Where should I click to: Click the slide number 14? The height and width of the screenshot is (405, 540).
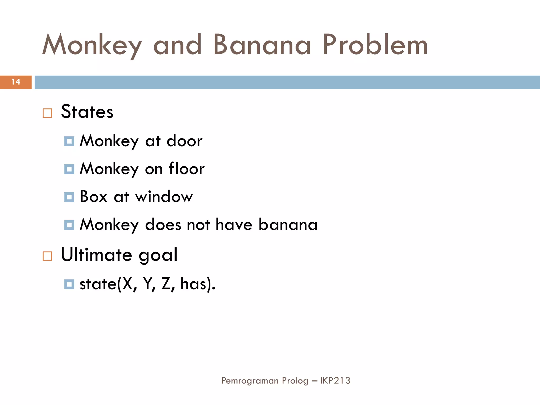[16, 82]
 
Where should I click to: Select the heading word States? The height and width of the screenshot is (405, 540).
[87, 112]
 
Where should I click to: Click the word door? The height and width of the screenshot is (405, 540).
[184, 141]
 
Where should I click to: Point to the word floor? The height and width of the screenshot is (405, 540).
[186, 169]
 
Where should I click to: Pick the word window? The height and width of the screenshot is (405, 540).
[164, 197]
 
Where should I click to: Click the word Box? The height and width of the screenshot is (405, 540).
[94, 197]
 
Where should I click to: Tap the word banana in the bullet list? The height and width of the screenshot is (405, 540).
[288, 225]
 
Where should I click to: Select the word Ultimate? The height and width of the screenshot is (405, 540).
[97, 255]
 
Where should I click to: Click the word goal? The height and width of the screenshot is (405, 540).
[158, 255]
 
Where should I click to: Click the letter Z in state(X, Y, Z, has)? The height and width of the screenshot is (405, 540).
[166, 284]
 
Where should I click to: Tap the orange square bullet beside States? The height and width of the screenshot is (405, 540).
[47, 113]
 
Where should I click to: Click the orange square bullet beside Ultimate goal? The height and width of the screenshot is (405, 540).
[47, 256]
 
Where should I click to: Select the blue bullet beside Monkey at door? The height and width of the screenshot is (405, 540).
[69, 142]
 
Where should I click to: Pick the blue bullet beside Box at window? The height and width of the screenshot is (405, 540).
[69, 197]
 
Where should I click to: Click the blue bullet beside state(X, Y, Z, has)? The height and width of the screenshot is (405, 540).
[69, 285]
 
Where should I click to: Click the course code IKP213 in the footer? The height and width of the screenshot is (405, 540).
[335, 380]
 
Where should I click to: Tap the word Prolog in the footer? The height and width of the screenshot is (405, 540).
[295, 381]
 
